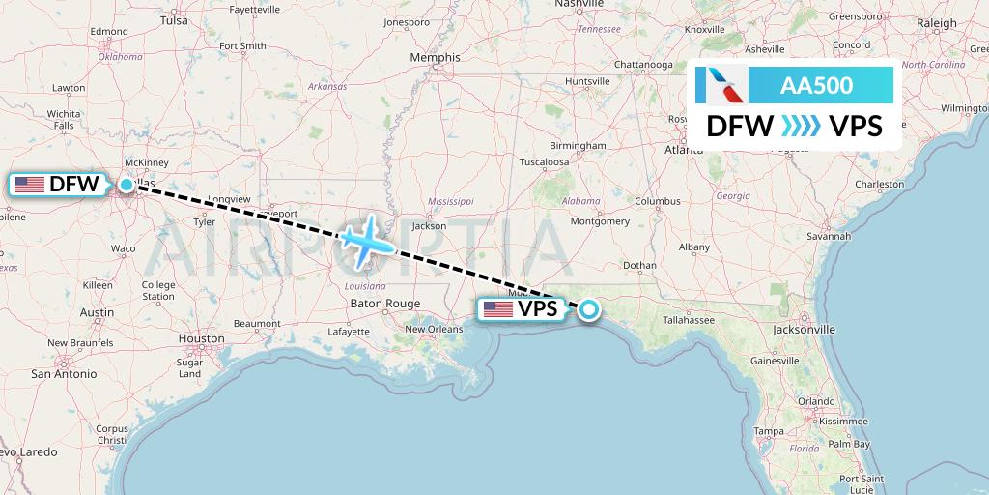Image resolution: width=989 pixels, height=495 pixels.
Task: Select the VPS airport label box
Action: click(x=522, y=309)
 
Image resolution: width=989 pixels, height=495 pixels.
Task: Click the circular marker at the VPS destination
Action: click(x=588, y=309)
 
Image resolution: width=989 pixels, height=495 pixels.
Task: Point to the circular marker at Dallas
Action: click(x=127, y=184)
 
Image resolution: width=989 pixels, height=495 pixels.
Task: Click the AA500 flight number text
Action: click(x=817, y=85)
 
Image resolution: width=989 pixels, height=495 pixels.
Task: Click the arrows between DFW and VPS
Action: click(x=801, y=126)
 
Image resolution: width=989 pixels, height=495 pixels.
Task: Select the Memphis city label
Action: click(x=435, y=58)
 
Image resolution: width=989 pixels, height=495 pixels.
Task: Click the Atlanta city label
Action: click(x=684, y=150)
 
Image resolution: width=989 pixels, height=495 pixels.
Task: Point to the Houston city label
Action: click(x=201, y=338)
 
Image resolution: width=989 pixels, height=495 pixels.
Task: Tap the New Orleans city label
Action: click(x=434, y=329)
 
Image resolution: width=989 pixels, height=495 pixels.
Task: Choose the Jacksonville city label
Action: click(x=804, y=330)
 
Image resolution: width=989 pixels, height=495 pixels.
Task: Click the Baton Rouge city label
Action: click(x=385, y=304)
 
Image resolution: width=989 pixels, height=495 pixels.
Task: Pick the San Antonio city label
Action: click(x=64, y=373)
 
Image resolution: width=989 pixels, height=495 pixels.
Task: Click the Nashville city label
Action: click(x=579, y=5)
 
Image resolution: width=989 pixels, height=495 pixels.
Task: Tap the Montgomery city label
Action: click(x=601, y=221)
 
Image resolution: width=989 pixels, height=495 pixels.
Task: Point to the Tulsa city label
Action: click(x=174, y=19)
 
